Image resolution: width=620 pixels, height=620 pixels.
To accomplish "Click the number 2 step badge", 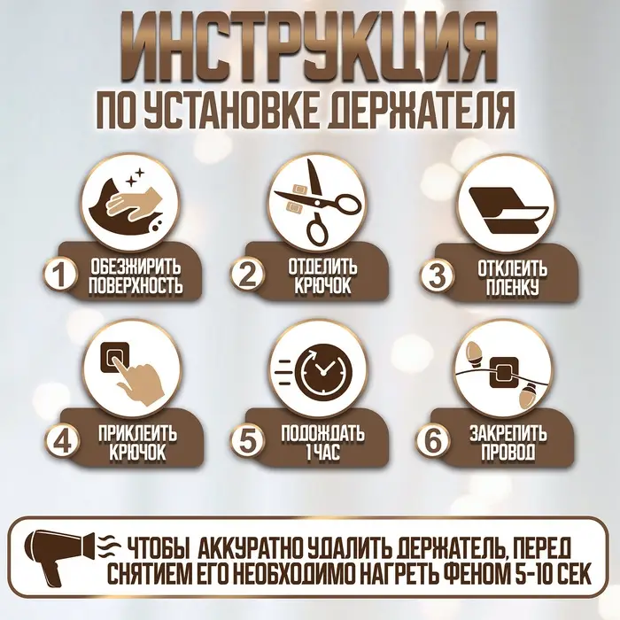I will [x=247, y=275].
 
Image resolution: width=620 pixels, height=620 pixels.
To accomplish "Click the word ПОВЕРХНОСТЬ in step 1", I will [x=137, y=286].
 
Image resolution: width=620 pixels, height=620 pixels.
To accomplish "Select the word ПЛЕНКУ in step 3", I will [x=511, y=286].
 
